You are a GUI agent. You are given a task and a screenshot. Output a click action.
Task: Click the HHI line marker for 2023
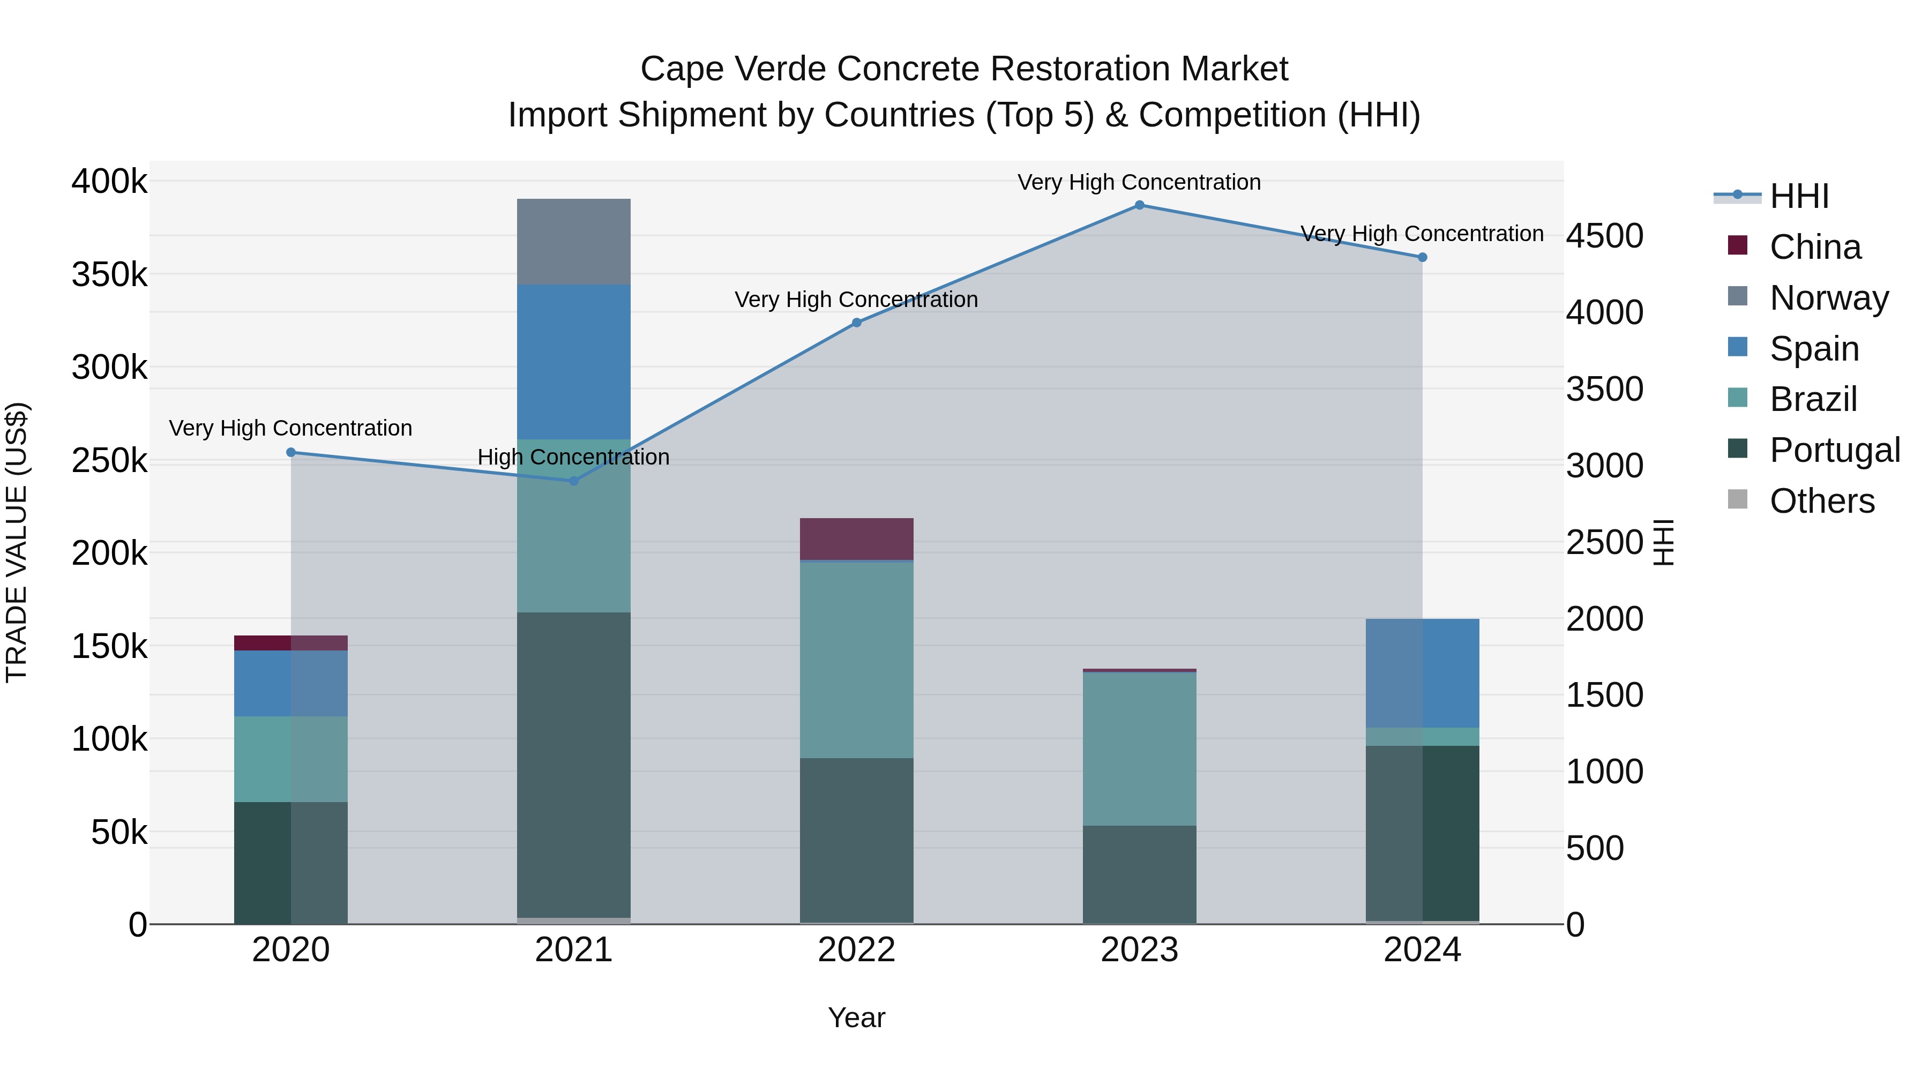tap(1139, 205)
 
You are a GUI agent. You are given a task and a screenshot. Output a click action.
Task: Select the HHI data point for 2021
tap(573, 481)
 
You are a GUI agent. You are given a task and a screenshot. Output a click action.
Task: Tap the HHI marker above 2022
tap(857, 323)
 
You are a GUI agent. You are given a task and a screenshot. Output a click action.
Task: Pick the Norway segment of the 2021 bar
tap(573, 241)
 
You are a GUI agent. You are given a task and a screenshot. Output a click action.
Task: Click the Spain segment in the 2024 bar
tap(1422, 672)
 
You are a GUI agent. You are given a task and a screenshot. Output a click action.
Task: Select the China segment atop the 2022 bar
tap(857, 538)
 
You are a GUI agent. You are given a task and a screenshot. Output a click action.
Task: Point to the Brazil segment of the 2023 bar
tap(1139, 749)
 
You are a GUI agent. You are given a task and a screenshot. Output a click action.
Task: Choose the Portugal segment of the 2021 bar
tap(573, 764)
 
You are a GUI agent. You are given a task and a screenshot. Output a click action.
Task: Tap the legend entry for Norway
tap(1828, 298)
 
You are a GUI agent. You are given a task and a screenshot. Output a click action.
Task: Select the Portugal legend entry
tap(1834, 450)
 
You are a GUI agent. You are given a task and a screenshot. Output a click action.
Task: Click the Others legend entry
tap(1821, 501)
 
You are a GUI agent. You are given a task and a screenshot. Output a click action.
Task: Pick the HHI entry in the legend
tap(1799, 196)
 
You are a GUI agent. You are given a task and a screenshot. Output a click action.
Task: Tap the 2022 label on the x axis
tap(857, 950)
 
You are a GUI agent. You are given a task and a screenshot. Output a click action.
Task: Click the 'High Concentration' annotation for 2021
tap(573, 457)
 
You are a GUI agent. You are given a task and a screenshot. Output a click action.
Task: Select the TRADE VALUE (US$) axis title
tap(17, 542)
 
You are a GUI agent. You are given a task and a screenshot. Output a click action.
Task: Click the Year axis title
tap(857, 1017)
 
